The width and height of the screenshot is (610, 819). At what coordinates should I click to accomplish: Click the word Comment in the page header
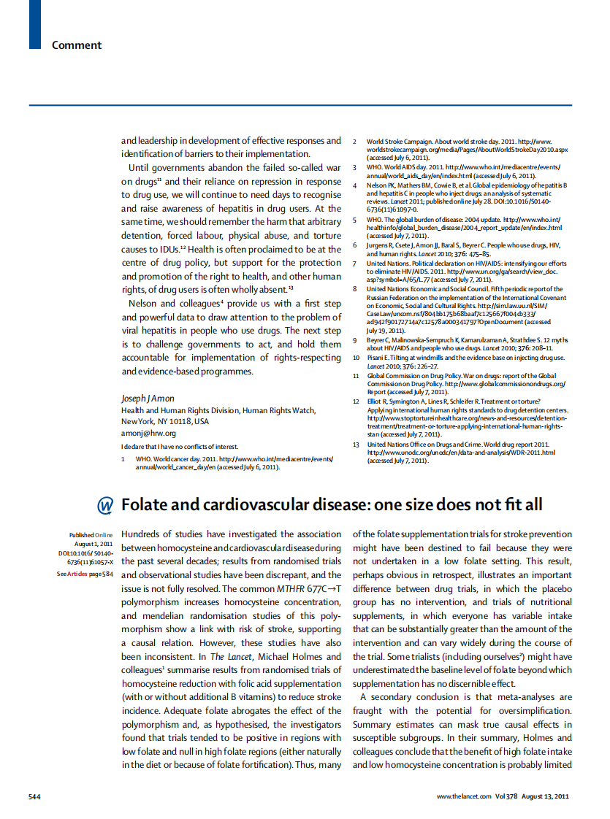(x=76, y=45)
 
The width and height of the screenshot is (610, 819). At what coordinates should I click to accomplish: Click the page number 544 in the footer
(x=34, y=796)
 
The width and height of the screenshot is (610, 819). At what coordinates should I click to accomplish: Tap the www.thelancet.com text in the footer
(x=463, y=796)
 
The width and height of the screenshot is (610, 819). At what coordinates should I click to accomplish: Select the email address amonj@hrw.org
(x=148, y=433)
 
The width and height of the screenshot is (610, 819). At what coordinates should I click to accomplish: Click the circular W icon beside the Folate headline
(x=105, y=505)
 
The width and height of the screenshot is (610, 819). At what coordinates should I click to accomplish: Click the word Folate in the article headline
(x=147, y=504)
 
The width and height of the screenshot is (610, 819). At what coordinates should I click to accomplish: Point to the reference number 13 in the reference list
(x=356, y=444)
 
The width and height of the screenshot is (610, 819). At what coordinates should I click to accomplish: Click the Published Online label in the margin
(x=91, y=535)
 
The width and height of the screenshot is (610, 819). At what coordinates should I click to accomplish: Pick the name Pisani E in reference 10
(x=380, y=358)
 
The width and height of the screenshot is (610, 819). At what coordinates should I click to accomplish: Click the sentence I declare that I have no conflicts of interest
(x=180, y=446)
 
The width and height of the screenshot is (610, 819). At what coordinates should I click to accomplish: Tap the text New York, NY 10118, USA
(x=164, y=421)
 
